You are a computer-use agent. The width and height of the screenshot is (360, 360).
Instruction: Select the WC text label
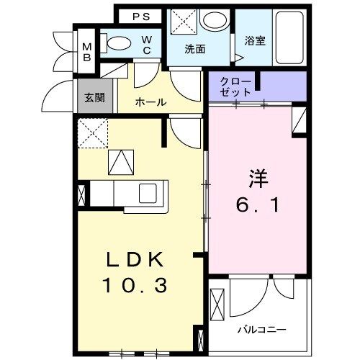tap(146, 44)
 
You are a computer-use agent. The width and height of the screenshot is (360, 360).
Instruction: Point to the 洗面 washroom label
tap(194, 50)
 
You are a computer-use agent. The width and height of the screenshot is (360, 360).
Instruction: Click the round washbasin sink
tap(213, 21)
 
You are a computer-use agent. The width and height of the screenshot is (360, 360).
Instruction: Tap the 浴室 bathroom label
tap(255, 41)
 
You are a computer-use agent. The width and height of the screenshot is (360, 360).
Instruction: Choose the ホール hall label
tap(150, 103)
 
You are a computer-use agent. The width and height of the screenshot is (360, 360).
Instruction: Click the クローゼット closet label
tap(238, 86)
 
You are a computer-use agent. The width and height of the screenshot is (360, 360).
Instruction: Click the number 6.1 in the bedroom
tap(259, 205)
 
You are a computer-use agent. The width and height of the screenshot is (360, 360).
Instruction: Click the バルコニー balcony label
tap(262, 330)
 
